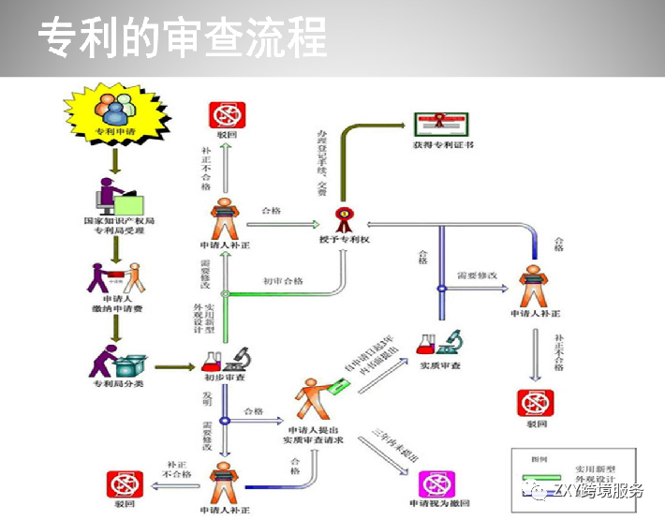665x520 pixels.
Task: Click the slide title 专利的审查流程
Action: [x=183, y=39]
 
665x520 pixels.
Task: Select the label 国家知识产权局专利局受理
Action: [x=117, y=226]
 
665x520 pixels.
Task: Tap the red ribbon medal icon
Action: [x=344, y=218]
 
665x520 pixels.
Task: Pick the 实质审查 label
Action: [x=439, y=364]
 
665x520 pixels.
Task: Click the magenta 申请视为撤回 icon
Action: [x=438, y=483]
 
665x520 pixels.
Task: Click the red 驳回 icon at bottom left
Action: [x=125, y=484]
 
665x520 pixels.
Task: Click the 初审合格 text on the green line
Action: [x=282, y=280]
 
